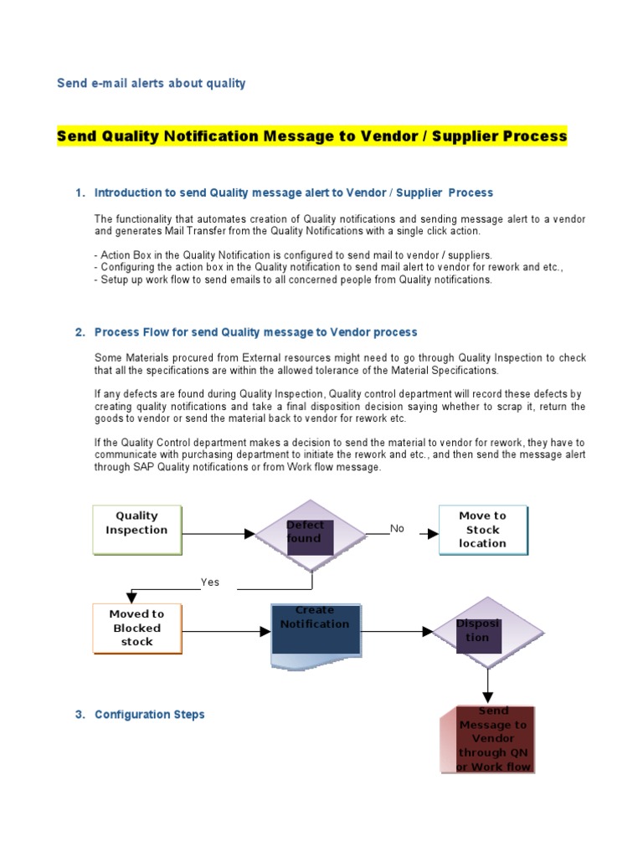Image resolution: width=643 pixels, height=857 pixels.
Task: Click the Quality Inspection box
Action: [x=136, y=529]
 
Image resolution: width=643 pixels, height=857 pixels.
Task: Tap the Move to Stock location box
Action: [x=483, y=530]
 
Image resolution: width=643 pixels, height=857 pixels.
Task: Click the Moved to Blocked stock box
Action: [x=136, y=628]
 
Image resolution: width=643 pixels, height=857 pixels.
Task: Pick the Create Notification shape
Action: [x=315, y=634]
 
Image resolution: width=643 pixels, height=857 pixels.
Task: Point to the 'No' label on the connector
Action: [x=397, y=528]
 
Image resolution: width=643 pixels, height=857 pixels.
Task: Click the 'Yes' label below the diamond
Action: [x=209, y=582]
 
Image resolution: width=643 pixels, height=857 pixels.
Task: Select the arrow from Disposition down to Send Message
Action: [x=486, y=685]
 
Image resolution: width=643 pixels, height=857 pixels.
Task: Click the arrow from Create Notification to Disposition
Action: [x=397, y=631]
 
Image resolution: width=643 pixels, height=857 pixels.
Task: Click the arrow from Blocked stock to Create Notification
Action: [x=225, y=631]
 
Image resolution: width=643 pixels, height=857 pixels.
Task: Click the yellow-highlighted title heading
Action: [x=311, y=136]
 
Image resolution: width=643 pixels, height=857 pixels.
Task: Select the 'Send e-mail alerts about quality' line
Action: [x=151, y=83]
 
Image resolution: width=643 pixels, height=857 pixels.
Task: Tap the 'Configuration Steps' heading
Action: [x=149, y=714]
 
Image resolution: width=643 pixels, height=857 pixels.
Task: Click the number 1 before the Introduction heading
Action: [x=79, y=192]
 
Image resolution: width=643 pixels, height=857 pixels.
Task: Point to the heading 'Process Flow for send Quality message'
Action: [x=255, y=332]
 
